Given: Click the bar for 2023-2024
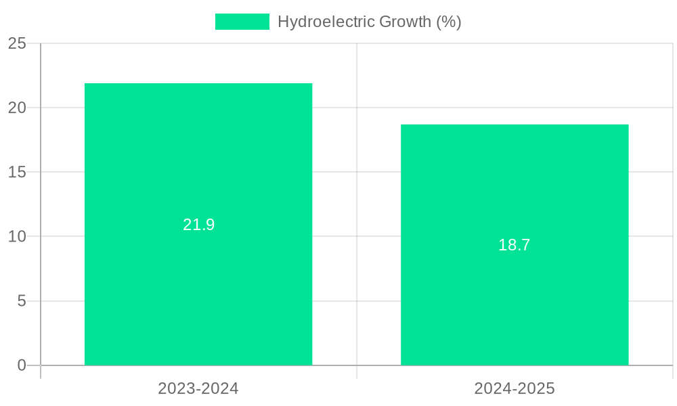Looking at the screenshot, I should point(198,284).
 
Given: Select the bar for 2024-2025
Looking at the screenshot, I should point(515,304).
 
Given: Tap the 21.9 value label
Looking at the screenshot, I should point(198,225).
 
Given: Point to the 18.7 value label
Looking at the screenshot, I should point(515,245).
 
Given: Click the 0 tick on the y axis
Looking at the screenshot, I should point(21,365).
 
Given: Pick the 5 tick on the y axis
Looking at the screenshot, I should point(21,301).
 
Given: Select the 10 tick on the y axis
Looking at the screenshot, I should point(17,237).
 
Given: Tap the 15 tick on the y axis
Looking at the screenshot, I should point(17,172).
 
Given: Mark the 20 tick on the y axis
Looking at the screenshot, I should point(17,108).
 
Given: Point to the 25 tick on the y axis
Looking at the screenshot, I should point(17,43).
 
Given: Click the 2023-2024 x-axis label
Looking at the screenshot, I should point(198,388).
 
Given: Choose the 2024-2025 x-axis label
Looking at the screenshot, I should point(515,388).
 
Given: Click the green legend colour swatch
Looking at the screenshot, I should point(242,22).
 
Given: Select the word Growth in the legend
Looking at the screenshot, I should point(405,22).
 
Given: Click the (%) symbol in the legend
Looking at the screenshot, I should point(448,22).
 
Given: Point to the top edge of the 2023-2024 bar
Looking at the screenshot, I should point(198,84).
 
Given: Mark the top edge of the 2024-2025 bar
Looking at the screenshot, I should point(515,125).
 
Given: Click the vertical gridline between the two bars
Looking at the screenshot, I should point(357,203).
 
